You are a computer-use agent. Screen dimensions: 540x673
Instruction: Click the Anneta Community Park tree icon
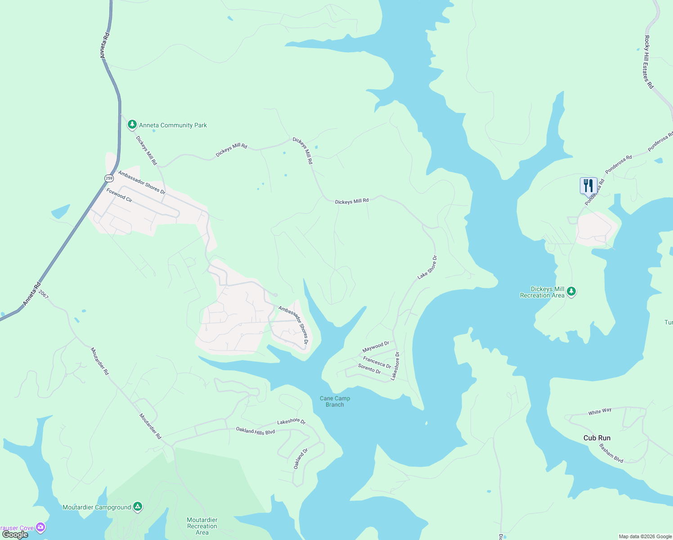point(132,124)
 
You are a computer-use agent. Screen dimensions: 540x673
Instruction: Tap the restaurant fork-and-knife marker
point(588,185)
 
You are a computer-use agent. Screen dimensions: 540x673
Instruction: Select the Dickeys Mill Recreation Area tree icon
point(571,292)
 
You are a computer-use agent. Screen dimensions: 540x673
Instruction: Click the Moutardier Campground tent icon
point(138,507)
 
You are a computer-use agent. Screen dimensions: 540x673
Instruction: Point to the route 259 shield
point(109,178)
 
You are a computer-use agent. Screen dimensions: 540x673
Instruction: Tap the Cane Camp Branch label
point(335,401)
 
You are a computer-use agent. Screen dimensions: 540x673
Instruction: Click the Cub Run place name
point(597,438)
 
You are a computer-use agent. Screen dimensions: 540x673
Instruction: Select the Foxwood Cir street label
point(119,195)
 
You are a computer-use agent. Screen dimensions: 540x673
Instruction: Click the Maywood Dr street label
point(376,347)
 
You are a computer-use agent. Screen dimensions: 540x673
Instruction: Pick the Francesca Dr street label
point(377,362)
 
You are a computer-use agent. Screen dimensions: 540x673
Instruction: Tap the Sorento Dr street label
point(369,369)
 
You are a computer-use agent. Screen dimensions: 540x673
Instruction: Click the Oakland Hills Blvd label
point(256,431)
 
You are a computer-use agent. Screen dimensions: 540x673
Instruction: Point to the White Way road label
point(600,411)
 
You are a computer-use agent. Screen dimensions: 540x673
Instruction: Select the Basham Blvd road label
point(611,453)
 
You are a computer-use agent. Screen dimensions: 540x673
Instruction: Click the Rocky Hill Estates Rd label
point(648,62)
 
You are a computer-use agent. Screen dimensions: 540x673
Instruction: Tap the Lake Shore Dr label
point(427,267)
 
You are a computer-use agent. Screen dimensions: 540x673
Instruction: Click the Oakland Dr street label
point(301,459)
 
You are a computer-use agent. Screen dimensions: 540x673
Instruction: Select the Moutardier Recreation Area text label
point(202,526)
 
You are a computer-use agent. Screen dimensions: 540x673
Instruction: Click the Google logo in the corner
point(15,535)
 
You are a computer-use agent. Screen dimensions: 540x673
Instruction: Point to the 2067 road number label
point(43,294)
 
